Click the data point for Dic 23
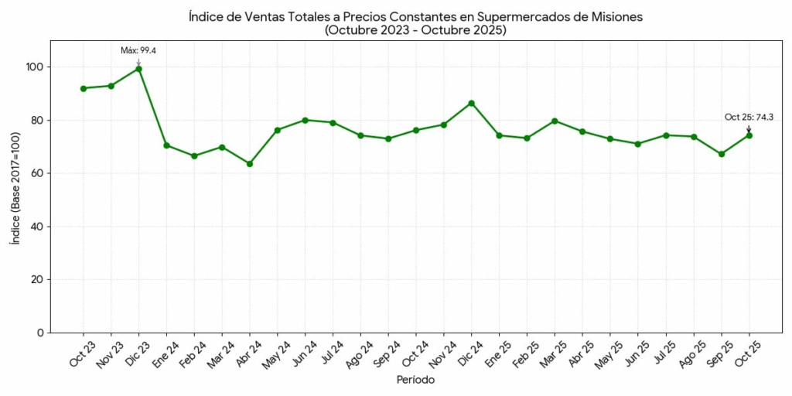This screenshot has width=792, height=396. click(x=138, y=69)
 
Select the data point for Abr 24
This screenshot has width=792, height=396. click(x=250, y=164)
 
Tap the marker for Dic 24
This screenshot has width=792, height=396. click(x=472, y=103)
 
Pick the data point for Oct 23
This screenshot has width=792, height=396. click(x=84, y=88)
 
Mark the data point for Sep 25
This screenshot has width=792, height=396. click(x=722, y=154)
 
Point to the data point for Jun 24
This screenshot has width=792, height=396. click(x=306, y=120)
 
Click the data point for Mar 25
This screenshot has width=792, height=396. click(x=555, y=121)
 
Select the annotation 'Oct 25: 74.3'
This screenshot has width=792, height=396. click(x=749, y=118)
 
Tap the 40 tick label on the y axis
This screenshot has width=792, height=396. click(x=37, y=227)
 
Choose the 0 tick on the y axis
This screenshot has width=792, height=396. click(x=40, y=333)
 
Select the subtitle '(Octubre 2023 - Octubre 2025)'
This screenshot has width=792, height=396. click(x=416, y=30)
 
